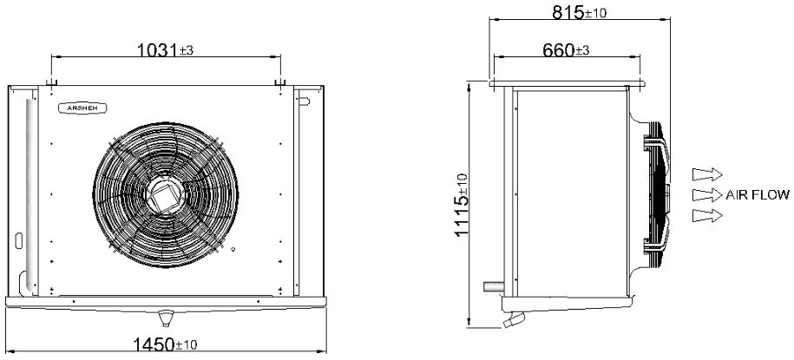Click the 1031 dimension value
tap(158, 50)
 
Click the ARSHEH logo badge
tap(82, 108)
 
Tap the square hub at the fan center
tap(166, 195)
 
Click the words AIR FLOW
tap(758, 195)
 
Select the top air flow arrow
tap(707, 174)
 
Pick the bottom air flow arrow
tap(707, 215)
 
